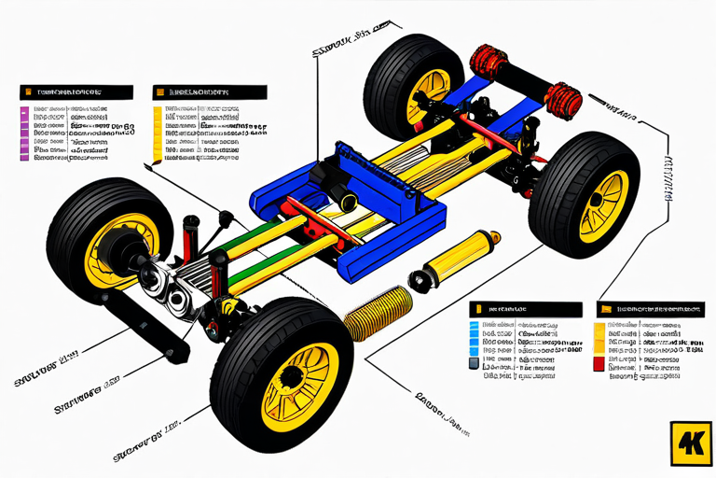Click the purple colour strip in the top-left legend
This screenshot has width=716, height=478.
[x=24, y=134]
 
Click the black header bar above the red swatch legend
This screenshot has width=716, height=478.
[x=649, y=308]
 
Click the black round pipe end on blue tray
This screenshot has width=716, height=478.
[x=348, y=198]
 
